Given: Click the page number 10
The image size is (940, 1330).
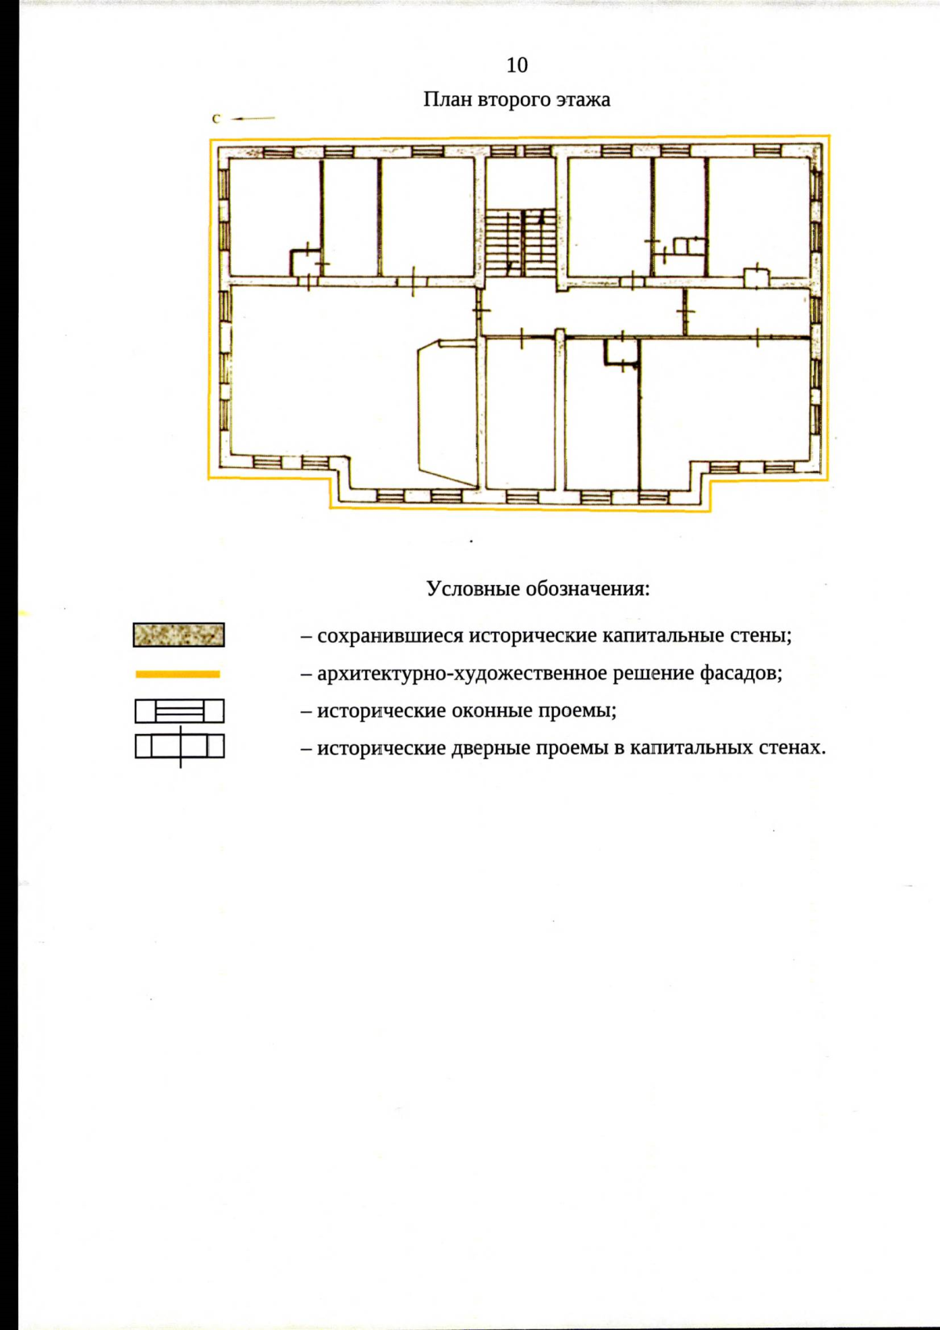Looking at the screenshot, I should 517,65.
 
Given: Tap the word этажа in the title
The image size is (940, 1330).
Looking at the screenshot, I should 583,99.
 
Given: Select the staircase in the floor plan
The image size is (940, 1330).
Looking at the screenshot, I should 521,241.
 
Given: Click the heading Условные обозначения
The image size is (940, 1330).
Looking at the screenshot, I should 538,588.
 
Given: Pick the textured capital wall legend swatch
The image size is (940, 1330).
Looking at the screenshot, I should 179,634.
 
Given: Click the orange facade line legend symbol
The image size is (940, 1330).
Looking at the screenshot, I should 178,674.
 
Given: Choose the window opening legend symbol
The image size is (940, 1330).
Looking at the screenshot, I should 179,711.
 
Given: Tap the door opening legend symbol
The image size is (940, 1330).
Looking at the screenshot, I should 179,746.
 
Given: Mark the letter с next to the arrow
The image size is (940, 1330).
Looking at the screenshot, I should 216,119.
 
